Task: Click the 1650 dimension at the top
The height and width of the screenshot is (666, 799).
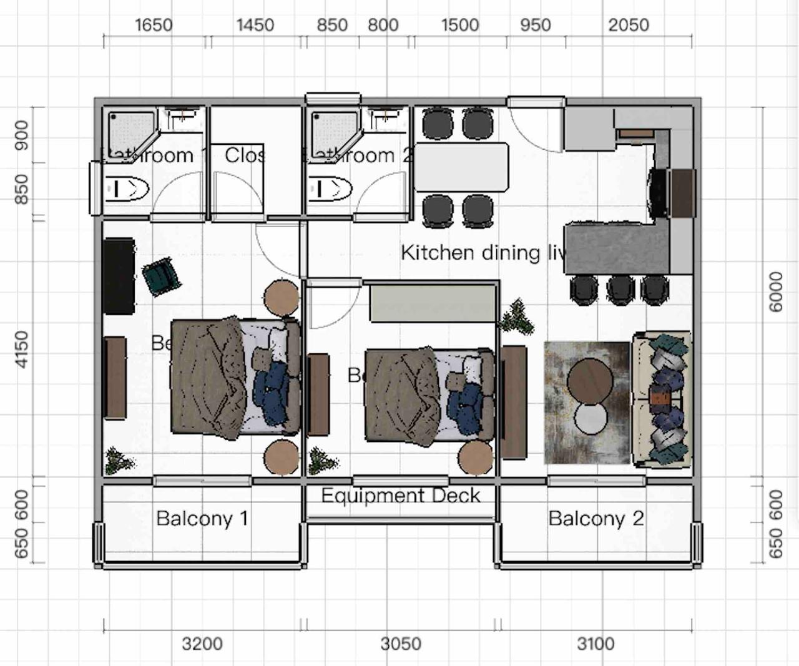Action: point(154,25)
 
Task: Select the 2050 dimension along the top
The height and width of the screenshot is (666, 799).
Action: point(629,25)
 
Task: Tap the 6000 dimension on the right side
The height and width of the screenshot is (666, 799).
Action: point(776,291)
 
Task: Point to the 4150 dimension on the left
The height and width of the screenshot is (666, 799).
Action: point(22,350)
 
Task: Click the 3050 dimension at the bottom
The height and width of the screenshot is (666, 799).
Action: point(401,644)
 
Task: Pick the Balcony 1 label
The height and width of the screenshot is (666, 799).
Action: point(202,518)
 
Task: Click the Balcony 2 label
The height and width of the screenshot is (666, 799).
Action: point(596,518)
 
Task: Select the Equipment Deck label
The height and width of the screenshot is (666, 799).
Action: point(401,496)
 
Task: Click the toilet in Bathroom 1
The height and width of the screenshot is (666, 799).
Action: point(127,189)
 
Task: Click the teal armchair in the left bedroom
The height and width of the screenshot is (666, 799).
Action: point(161,275)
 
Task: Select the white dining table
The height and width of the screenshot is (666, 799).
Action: point(461,167)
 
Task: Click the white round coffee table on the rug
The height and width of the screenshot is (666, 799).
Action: point(591,418)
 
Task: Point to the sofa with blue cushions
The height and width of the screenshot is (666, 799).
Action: point(662,399)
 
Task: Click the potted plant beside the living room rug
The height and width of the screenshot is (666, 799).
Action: point(516,316)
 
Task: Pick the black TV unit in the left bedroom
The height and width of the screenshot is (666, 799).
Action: point(119,275)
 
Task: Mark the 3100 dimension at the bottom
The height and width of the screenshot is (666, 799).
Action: point(596,644)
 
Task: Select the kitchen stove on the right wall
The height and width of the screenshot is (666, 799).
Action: point(658,192)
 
